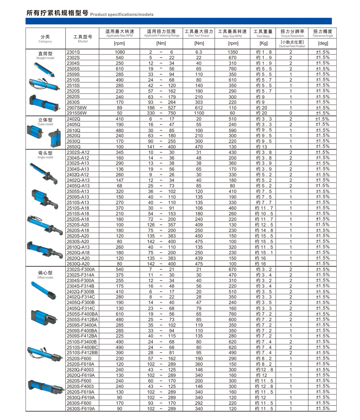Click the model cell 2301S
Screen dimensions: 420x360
[74, 52]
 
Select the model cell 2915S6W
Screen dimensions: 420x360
[77, 113]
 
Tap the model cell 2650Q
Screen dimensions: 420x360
[74, 147]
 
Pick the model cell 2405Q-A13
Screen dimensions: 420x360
[78, 186]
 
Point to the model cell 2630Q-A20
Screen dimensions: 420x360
[78, 264]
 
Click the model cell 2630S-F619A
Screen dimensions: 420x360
[81, 409]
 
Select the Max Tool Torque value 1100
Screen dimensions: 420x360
[198, 113]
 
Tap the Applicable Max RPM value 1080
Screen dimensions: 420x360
[120, 52]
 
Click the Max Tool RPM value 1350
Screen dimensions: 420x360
[232, 52]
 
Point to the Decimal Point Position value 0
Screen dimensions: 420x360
[290, 113]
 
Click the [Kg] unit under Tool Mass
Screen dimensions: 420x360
[264, 43]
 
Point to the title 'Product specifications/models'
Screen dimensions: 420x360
[122, 14]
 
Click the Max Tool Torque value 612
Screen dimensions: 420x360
[198, 107]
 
